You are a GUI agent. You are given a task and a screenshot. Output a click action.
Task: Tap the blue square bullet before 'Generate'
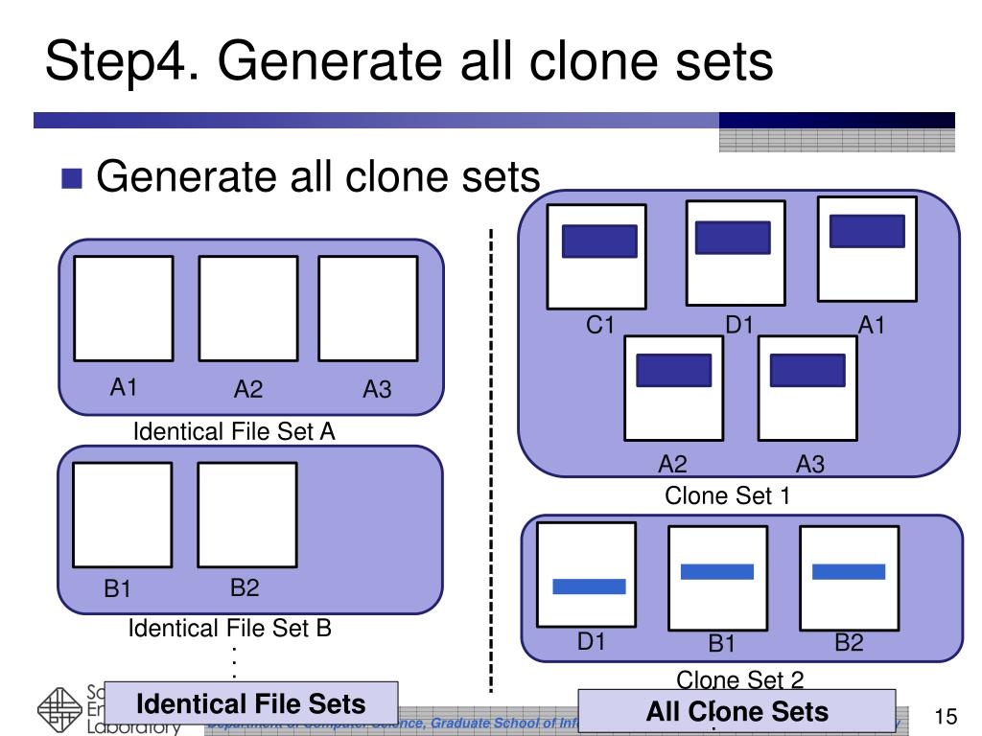click(73, 178)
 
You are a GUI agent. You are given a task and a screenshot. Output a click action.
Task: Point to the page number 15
click(946, 717)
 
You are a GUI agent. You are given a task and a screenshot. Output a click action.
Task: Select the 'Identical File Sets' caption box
click(251, 705)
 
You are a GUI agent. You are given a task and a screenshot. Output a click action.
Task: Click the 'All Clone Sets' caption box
click(736, 712)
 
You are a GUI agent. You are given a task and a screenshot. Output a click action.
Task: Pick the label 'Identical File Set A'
click(234, 432)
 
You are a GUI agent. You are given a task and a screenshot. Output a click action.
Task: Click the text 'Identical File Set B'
click(230, 629)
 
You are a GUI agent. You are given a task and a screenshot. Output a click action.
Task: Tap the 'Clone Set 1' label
click(727, 495)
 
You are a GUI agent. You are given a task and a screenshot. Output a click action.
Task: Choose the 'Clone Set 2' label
click(739, 680)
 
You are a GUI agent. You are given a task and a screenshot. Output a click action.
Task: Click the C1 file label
click(600, 326)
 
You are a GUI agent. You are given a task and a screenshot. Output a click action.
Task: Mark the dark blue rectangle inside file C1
click(599, 241)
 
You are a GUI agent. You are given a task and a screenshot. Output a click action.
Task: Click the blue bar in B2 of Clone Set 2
click(848, 571)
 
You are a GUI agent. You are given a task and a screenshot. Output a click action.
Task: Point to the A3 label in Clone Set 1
click(810, 465)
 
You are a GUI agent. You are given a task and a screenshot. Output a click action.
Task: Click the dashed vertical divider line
click(492, 460)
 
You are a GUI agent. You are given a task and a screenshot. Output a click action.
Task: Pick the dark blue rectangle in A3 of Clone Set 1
click(807, 371)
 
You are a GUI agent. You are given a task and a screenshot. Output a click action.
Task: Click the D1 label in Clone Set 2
click(591, 642)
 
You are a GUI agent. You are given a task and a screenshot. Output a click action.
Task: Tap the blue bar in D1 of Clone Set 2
click(589, 586)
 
